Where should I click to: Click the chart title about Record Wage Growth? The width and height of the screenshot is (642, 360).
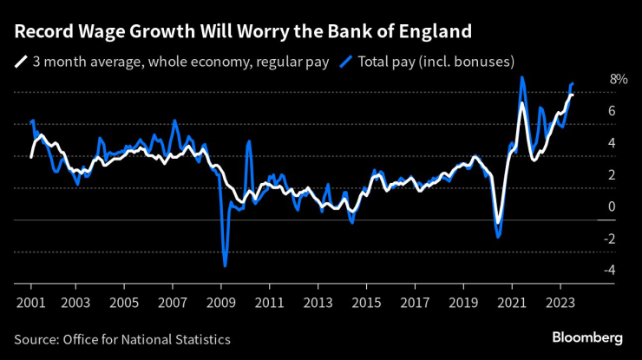pos(243,32)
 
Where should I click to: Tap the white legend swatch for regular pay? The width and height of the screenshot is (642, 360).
pos(20,62)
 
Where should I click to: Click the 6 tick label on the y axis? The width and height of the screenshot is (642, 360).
pos(612,111)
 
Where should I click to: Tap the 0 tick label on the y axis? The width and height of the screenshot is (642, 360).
pos(612,206)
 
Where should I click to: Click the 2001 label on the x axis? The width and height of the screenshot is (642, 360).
pos(31,304)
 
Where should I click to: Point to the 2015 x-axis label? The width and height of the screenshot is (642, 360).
pos(367,304)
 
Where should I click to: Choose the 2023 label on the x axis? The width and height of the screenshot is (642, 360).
pos(560,304)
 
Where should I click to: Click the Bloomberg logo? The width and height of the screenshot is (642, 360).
pos(587,337)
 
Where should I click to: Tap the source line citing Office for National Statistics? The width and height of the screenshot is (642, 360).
pos(122,339)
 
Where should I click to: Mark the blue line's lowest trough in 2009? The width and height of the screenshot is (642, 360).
pos(225,265)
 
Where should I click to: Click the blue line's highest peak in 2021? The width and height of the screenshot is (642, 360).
pos(521,77)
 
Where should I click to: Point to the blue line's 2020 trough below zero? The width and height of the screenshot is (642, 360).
pos(498,236)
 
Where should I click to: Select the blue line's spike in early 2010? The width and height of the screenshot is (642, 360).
pos(249,141)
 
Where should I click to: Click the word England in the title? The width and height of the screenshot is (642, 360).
pos(434,32)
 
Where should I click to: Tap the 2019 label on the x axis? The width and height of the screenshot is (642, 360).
pos(463,304)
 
